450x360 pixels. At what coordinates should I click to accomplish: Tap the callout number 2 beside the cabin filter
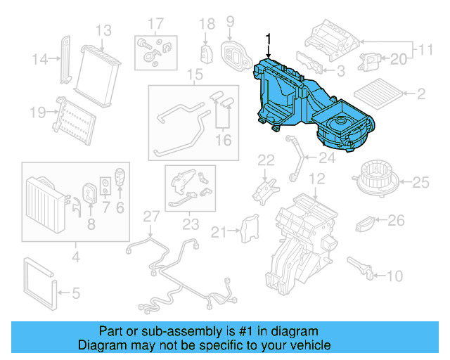pos(422,94)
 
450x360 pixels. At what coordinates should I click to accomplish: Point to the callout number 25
pos(420,184)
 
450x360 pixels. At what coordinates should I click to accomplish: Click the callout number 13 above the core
pos(103,30)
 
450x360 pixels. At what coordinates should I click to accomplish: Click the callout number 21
pos(219,232)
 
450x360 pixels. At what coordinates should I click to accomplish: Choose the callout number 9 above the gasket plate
pos(229,22)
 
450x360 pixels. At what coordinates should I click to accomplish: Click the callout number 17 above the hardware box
pos(155,22)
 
